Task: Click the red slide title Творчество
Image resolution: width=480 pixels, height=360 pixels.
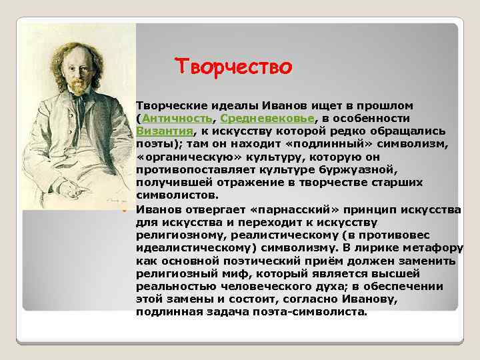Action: click(x=233, y=67)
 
